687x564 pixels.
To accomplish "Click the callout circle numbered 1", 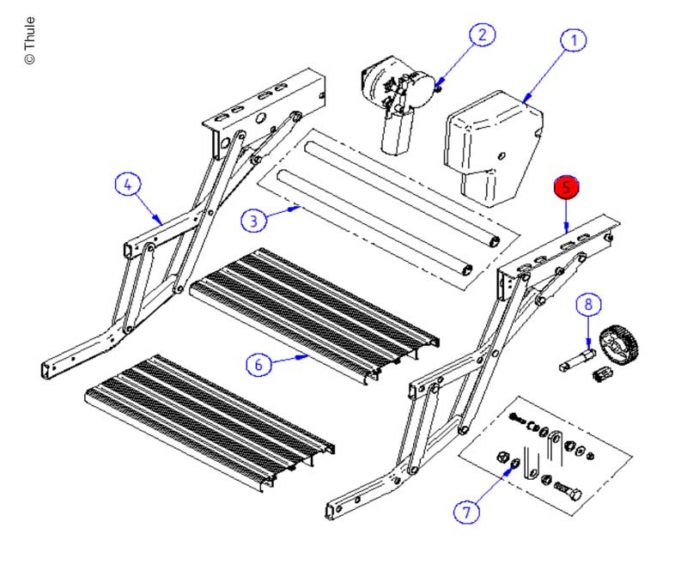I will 574,39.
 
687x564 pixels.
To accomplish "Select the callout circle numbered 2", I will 482,34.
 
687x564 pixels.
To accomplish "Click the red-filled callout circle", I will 566,187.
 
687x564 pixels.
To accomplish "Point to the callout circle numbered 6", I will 259,365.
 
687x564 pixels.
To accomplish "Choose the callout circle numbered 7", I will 466,512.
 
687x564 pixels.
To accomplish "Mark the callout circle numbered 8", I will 588,304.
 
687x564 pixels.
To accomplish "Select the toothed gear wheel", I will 621,345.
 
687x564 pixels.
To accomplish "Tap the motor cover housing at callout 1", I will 489,146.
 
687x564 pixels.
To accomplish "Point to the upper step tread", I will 313,309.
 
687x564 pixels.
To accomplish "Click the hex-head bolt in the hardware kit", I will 567,495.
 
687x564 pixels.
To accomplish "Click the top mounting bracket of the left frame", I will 266,103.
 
